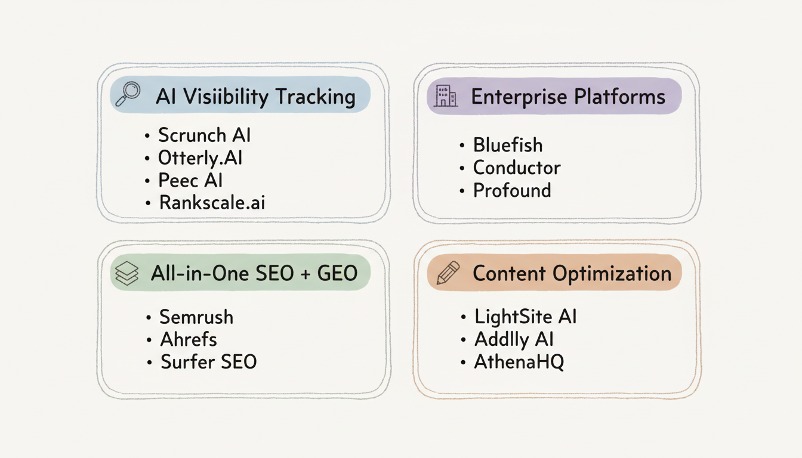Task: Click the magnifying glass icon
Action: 127,94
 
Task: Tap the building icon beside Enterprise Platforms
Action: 446,96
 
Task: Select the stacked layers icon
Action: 127,273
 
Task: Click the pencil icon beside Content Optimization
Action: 448,273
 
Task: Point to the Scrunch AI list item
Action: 204,135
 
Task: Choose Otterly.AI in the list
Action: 200,158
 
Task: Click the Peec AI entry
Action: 190,181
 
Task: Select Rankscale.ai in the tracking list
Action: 212,203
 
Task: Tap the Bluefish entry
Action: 508,145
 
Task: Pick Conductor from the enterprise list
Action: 517,168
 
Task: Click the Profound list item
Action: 512,191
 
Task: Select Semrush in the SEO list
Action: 196,317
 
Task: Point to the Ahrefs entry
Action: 189,339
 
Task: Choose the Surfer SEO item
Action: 208,362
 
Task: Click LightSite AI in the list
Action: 525,317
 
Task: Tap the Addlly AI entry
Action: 514,339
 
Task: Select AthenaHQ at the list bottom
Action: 519,362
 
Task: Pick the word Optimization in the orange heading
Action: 612,274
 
